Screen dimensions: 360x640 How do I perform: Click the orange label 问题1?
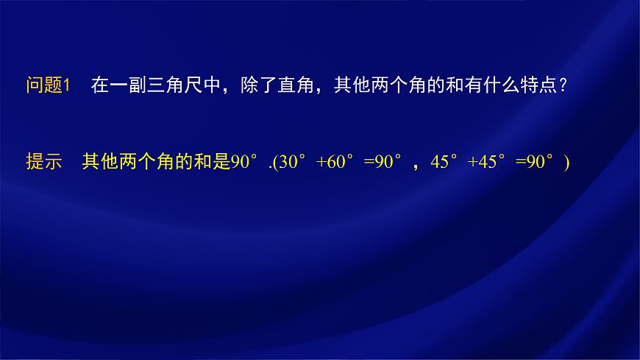(x=48, y=85)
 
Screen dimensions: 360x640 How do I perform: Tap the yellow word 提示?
(x=43, y=162)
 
